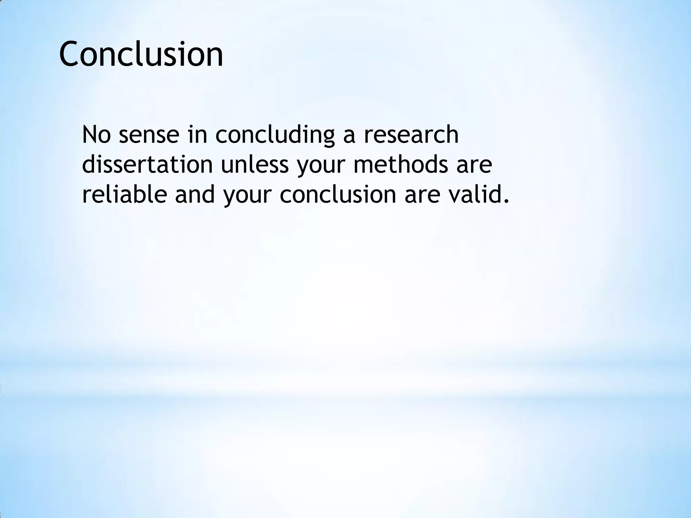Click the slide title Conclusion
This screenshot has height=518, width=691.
(141, 54)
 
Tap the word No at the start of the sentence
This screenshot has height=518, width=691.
(96, 134)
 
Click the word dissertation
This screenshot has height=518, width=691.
(147, 165)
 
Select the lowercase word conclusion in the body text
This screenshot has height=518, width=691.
(338, 195)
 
